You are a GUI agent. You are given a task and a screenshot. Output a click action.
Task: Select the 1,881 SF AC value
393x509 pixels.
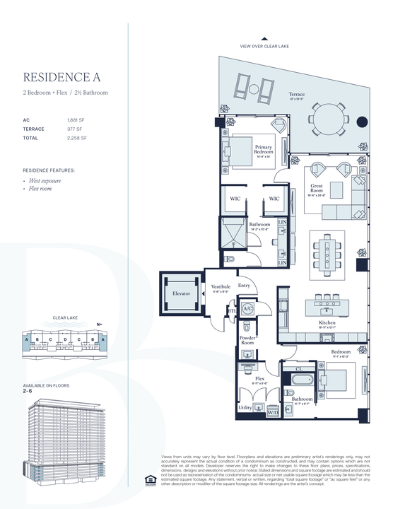[76, 120]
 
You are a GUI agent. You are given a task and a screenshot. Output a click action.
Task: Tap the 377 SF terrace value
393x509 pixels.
[75, 129]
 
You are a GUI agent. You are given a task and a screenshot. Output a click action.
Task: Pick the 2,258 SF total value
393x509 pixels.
[76, 139]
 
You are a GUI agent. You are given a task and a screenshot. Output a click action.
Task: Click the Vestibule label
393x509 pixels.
[221, 288]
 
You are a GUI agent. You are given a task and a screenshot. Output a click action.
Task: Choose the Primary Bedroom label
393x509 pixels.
[263, 150]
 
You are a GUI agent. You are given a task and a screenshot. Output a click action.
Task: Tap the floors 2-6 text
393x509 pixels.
[28, 390]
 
